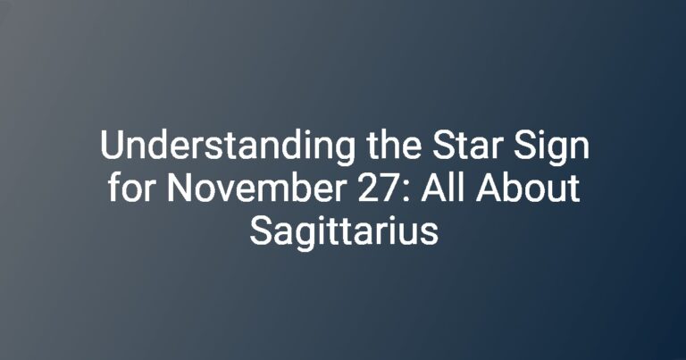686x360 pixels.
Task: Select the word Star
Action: pos(468,146)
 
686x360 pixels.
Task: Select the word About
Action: pos(528,188)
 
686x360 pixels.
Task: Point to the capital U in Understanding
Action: pos(112,146)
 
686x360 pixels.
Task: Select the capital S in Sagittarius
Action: pos(261,230)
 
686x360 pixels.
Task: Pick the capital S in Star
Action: pos(444,146)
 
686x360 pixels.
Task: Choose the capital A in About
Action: pos(489,188)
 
